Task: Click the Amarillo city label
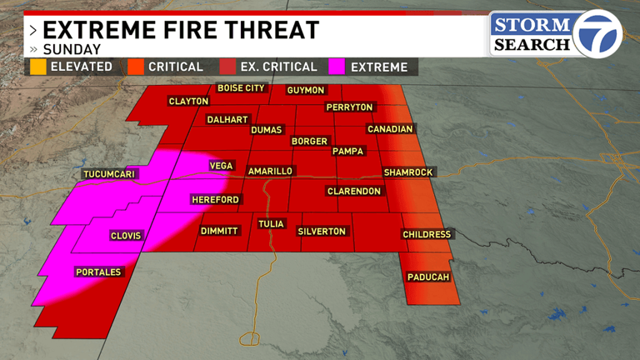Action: click(270, 171)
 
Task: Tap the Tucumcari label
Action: click(109, 174)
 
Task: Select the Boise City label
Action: click(241, 87)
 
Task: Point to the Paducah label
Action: click(429, 277)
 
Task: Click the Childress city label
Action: click(427, 234)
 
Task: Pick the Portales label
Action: click(98, 272)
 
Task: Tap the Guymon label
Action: click(305, 90)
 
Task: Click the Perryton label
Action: click(350, 107)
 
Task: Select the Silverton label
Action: click(322, 231)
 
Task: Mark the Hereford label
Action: click(215, 200)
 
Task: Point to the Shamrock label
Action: click(408, 172)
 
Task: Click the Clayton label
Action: click(188, 101)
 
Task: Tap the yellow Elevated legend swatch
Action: click(37, 67)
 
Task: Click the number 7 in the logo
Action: click(598, 34)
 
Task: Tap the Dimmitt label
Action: click(220, 231)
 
